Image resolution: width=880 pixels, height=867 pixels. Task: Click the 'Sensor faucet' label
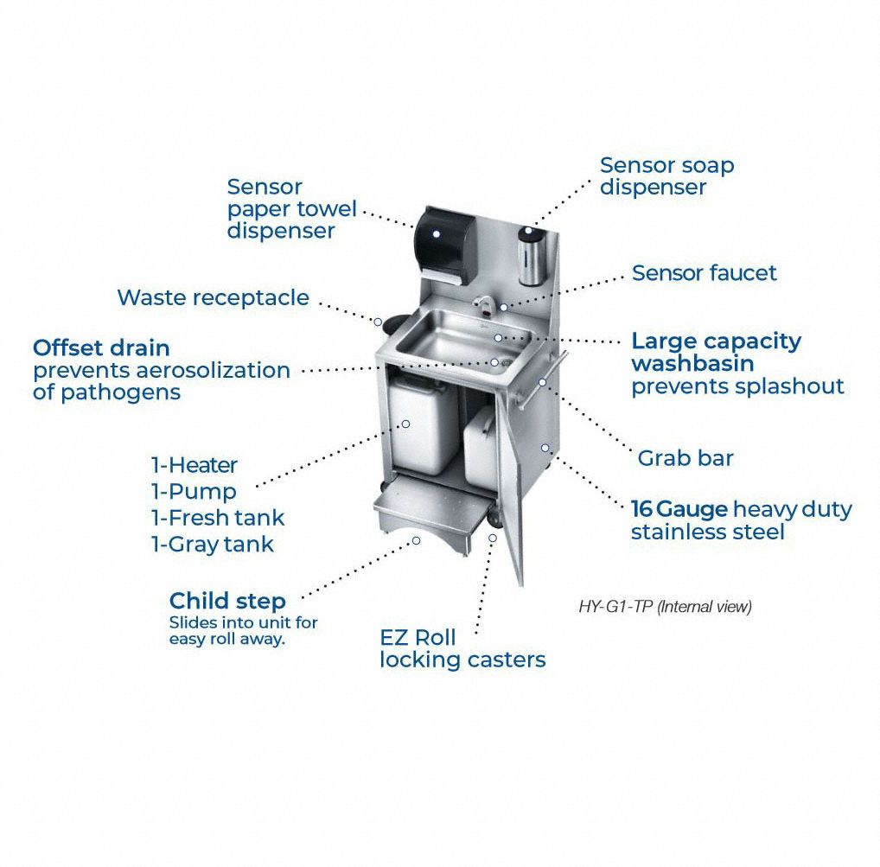point(704,273)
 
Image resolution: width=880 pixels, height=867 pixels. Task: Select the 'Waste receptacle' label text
point(213,298)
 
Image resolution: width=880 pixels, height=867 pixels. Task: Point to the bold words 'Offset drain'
point(101,348)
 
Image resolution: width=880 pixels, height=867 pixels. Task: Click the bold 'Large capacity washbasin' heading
point(716,352)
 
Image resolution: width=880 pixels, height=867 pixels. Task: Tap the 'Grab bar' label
point(685,458)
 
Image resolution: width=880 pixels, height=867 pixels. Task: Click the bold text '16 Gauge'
point(679,509)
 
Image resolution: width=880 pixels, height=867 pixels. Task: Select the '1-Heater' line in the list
point(194,465)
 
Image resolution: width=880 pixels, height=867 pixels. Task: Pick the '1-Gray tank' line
point(213,545)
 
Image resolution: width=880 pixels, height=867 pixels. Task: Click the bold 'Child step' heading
point(227,601)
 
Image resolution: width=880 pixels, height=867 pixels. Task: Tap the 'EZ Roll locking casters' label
point(462,649)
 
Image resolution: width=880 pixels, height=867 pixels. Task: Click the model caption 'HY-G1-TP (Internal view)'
point(665,607)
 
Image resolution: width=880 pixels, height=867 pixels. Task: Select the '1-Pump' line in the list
point(194,492)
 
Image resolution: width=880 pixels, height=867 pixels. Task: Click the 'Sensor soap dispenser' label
point(666,175)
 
